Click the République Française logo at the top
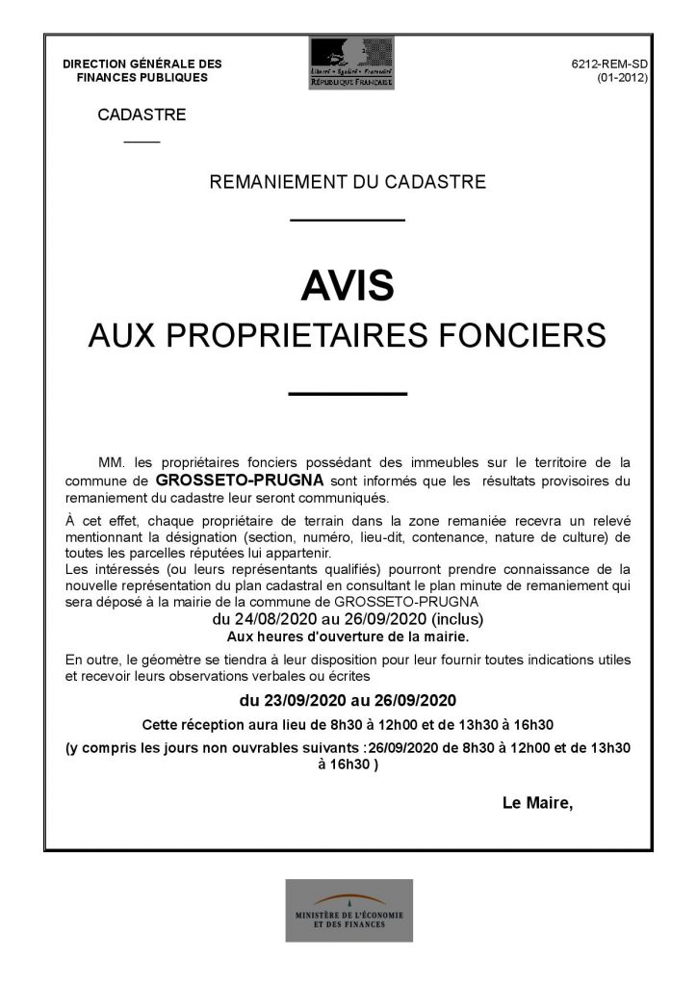[350, 63]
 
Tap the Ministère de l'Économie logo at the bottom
[348, 910]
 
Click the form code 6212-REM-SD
[609, 64]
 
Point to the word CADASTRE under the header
[142, 115]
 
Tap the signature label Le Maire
[537, 802]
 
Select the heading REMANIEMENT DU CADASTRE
[348, 181]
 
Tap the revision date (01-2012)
[622, 77]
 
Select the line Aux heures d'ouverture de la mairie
[348, 636]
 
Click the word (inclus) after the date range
[458, 618]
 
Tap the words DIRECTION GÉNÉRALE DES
[142, 64]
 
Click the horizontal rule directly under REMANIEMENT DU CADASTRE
[348, 221]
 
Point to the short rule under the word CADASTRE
[142, 143]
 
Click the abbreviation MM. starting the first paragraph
[112, 461]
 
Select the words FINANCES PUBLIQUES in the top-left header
[142, 77]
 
